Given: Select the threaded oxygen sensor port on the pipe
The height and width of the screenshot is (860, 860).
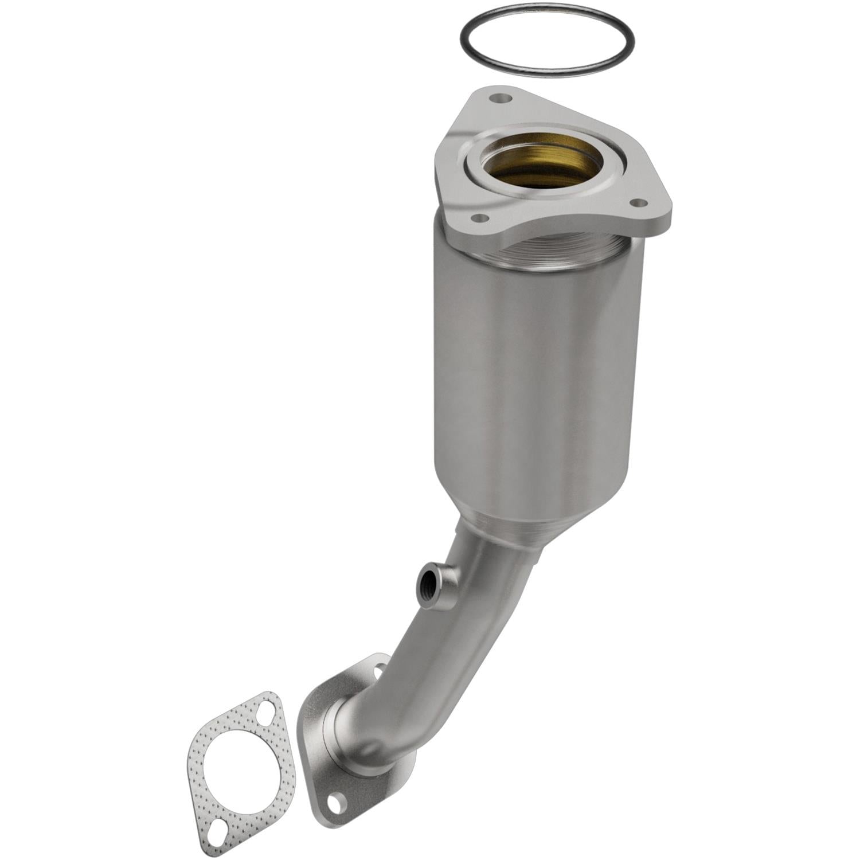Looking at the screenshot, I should coord(427,585).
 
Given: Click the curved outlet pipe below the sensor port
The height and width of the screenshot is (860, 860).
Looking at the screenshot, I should coord(436,659).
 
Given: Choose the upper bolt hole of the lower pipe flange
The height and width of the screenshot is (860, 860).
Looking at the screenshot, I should coord(379,668).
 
